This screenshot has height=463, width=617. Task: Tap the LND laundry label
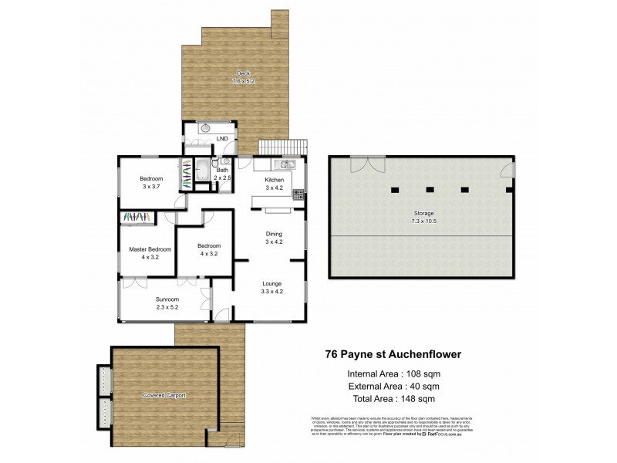pos(221,139)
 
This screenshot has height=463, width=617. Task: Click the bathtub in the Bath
pos(203,169)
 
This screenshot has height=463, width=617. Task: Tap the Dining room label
pos(274,234)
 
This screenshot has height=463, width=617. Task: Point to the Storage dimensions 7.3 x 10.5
pos(422,220)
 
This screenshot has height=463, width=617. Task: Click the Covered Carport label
pos(164,395)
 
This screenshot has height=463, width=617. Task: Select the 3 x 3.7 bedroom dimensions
pos(151,187)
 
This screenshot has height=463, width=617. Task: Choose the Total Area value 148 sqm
pos(423,399)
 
